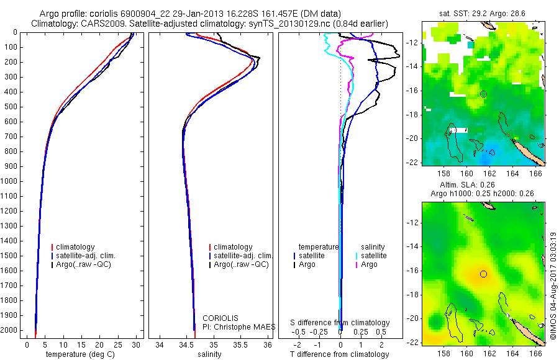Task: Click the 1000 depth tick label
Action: [x=9, y=181]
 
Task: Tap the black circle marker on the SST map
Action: [x=484, y=94]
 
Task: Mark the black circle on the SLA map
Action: [x=484, y=274]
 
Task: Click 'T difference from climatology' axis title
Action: [x=339, y=354]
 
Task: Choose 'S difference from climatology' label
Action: [x=340, y=323]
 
